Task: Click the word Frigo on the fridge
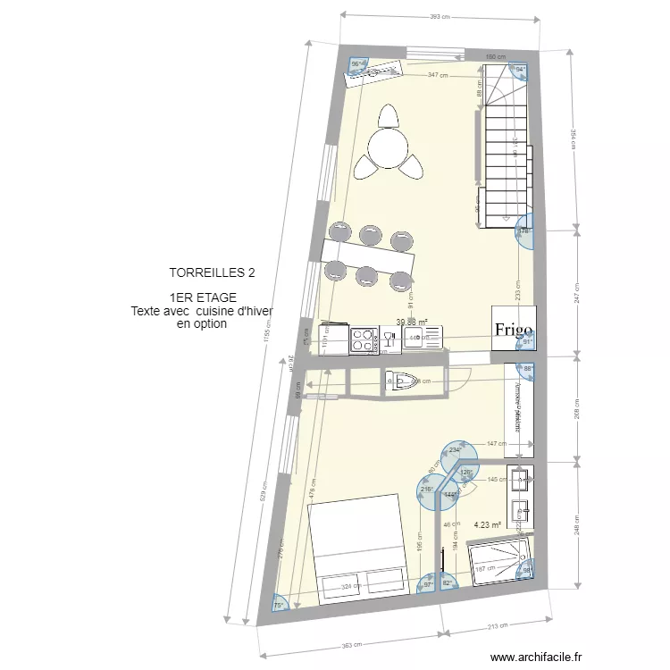(515, 329)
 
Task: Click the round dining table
(389, 147)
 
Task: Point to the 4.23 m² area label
(487, 526)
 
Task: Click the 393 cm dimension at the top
(438, 17)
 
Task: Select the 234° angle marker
(456, 449)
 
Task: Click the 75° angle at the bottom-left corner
(279, 605)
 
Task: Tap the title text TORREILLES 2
(205, 272)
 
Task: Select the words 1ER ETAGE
(202, 298)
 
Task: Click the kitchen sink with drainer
(423, 337)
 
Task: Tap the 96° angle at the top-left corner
(356, 64)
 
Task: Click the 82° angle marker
(448, 584)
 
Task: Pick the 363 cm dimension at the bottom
(354, 645)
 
